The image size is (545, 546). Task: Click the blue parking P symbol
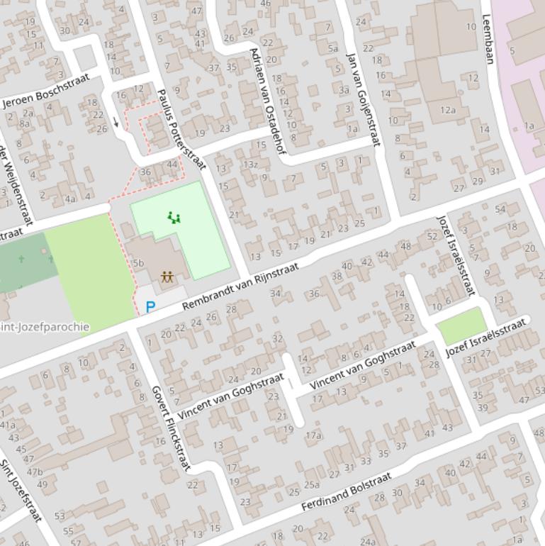pos(150,307)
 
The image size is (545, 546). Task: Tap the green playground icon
pos(174,217)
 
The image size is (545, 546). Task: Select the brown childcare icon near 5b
pos(167,277)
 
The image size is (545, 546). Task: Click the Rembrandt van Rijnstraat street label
pos(241,286)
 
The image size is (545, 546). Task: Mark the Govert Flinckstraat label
pos(171,428)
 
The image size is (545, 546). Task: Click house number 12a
pos(447,109)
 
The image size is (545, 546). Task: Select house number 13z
pos(250,165)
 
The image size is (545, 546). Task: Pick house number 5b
pos(138,263)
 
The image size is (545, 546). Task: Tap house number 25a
pos(312,484)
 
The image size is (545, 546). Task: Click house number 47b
pos(34,472)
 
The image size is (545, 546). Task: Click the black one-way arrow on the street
pos(116,123)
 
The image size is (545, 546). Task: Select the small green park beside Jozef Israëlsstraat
pos(461,326)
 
